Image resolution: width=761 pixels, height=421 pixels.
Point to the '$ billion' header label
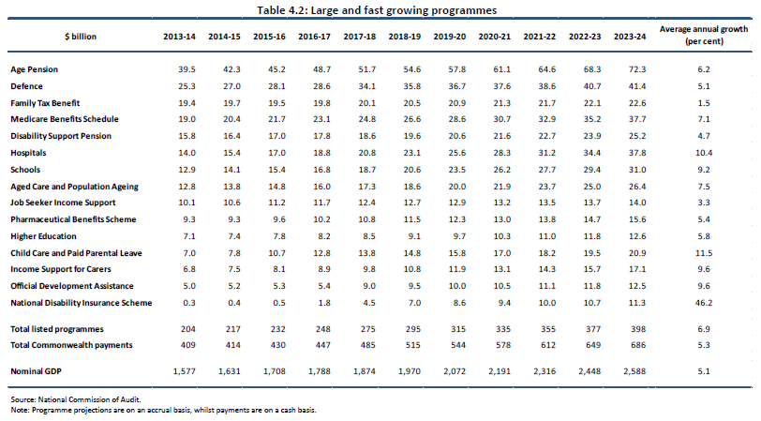pos(81,36)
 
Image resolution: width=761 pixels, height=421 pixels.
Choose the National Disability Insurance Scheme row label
pos(80,304)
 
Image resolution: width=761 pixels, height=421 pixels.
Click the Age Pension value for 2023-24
pos(632,70)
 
